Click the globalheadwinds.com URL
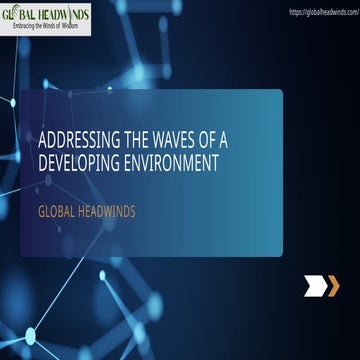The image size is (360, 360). click(322, 12)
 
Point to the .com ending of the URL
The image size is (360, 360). click(350, 12)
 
